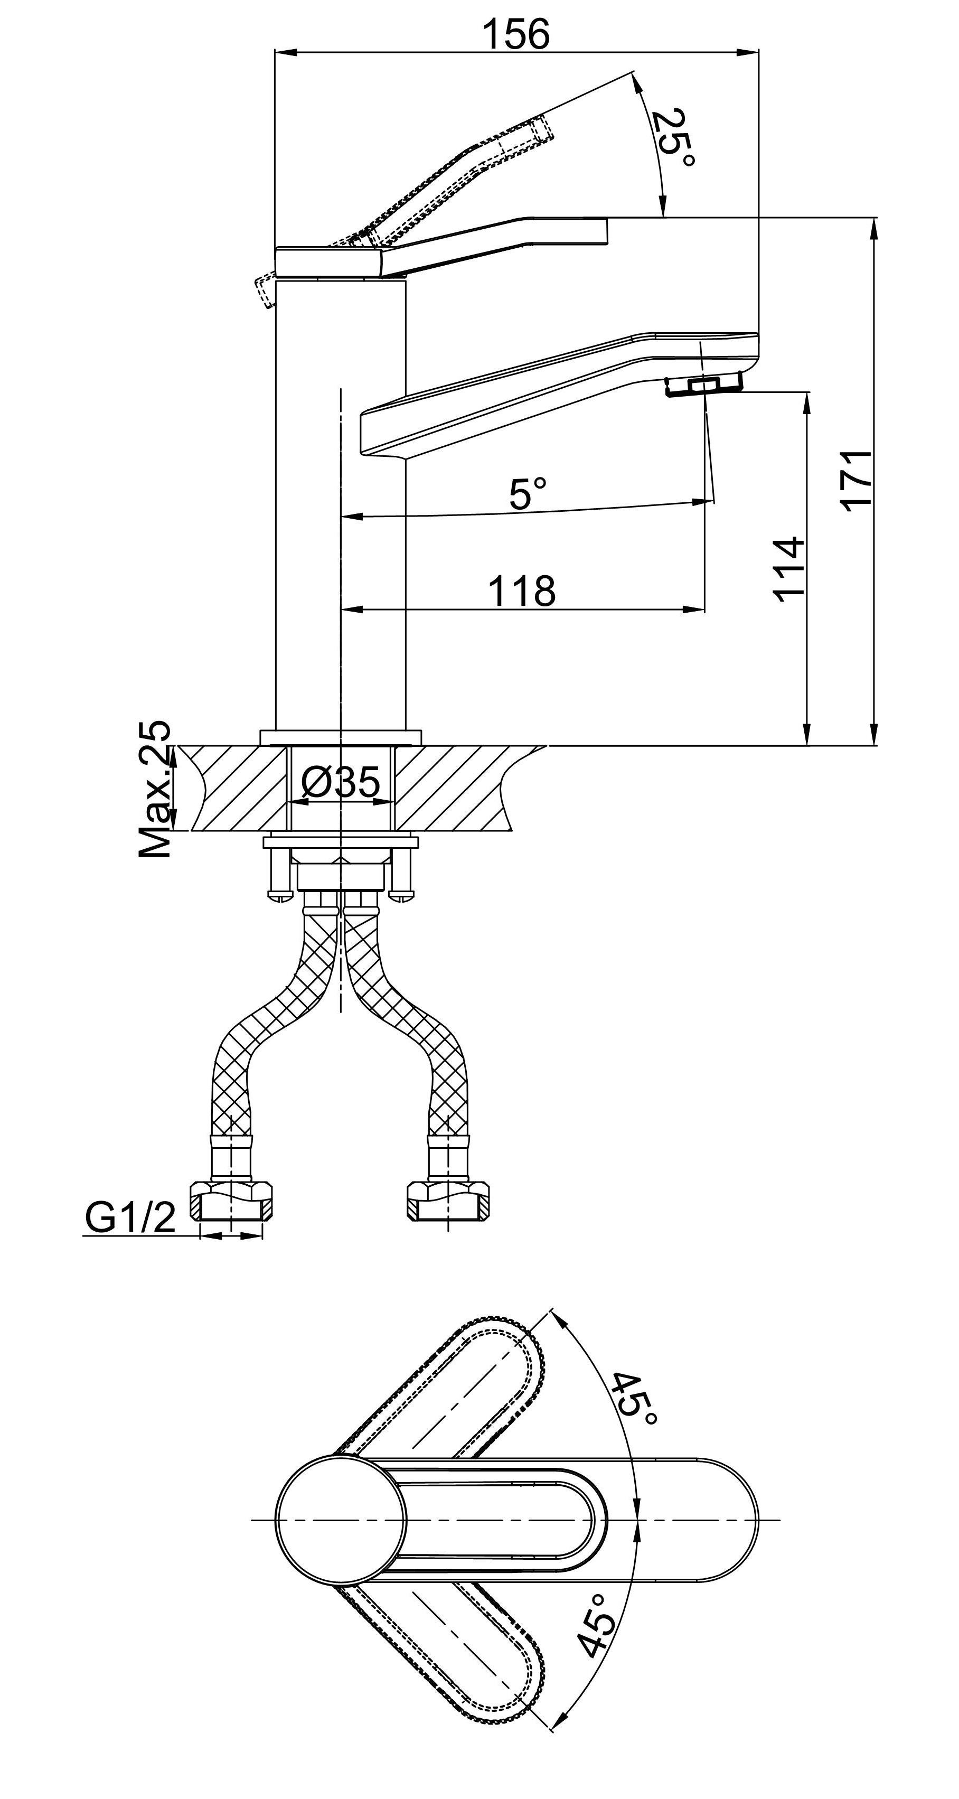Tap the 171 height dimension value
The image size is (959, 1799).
857,482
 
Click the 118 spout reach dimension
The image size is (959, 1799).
521,591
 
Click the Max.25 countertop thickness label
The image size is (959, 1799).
154,789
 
